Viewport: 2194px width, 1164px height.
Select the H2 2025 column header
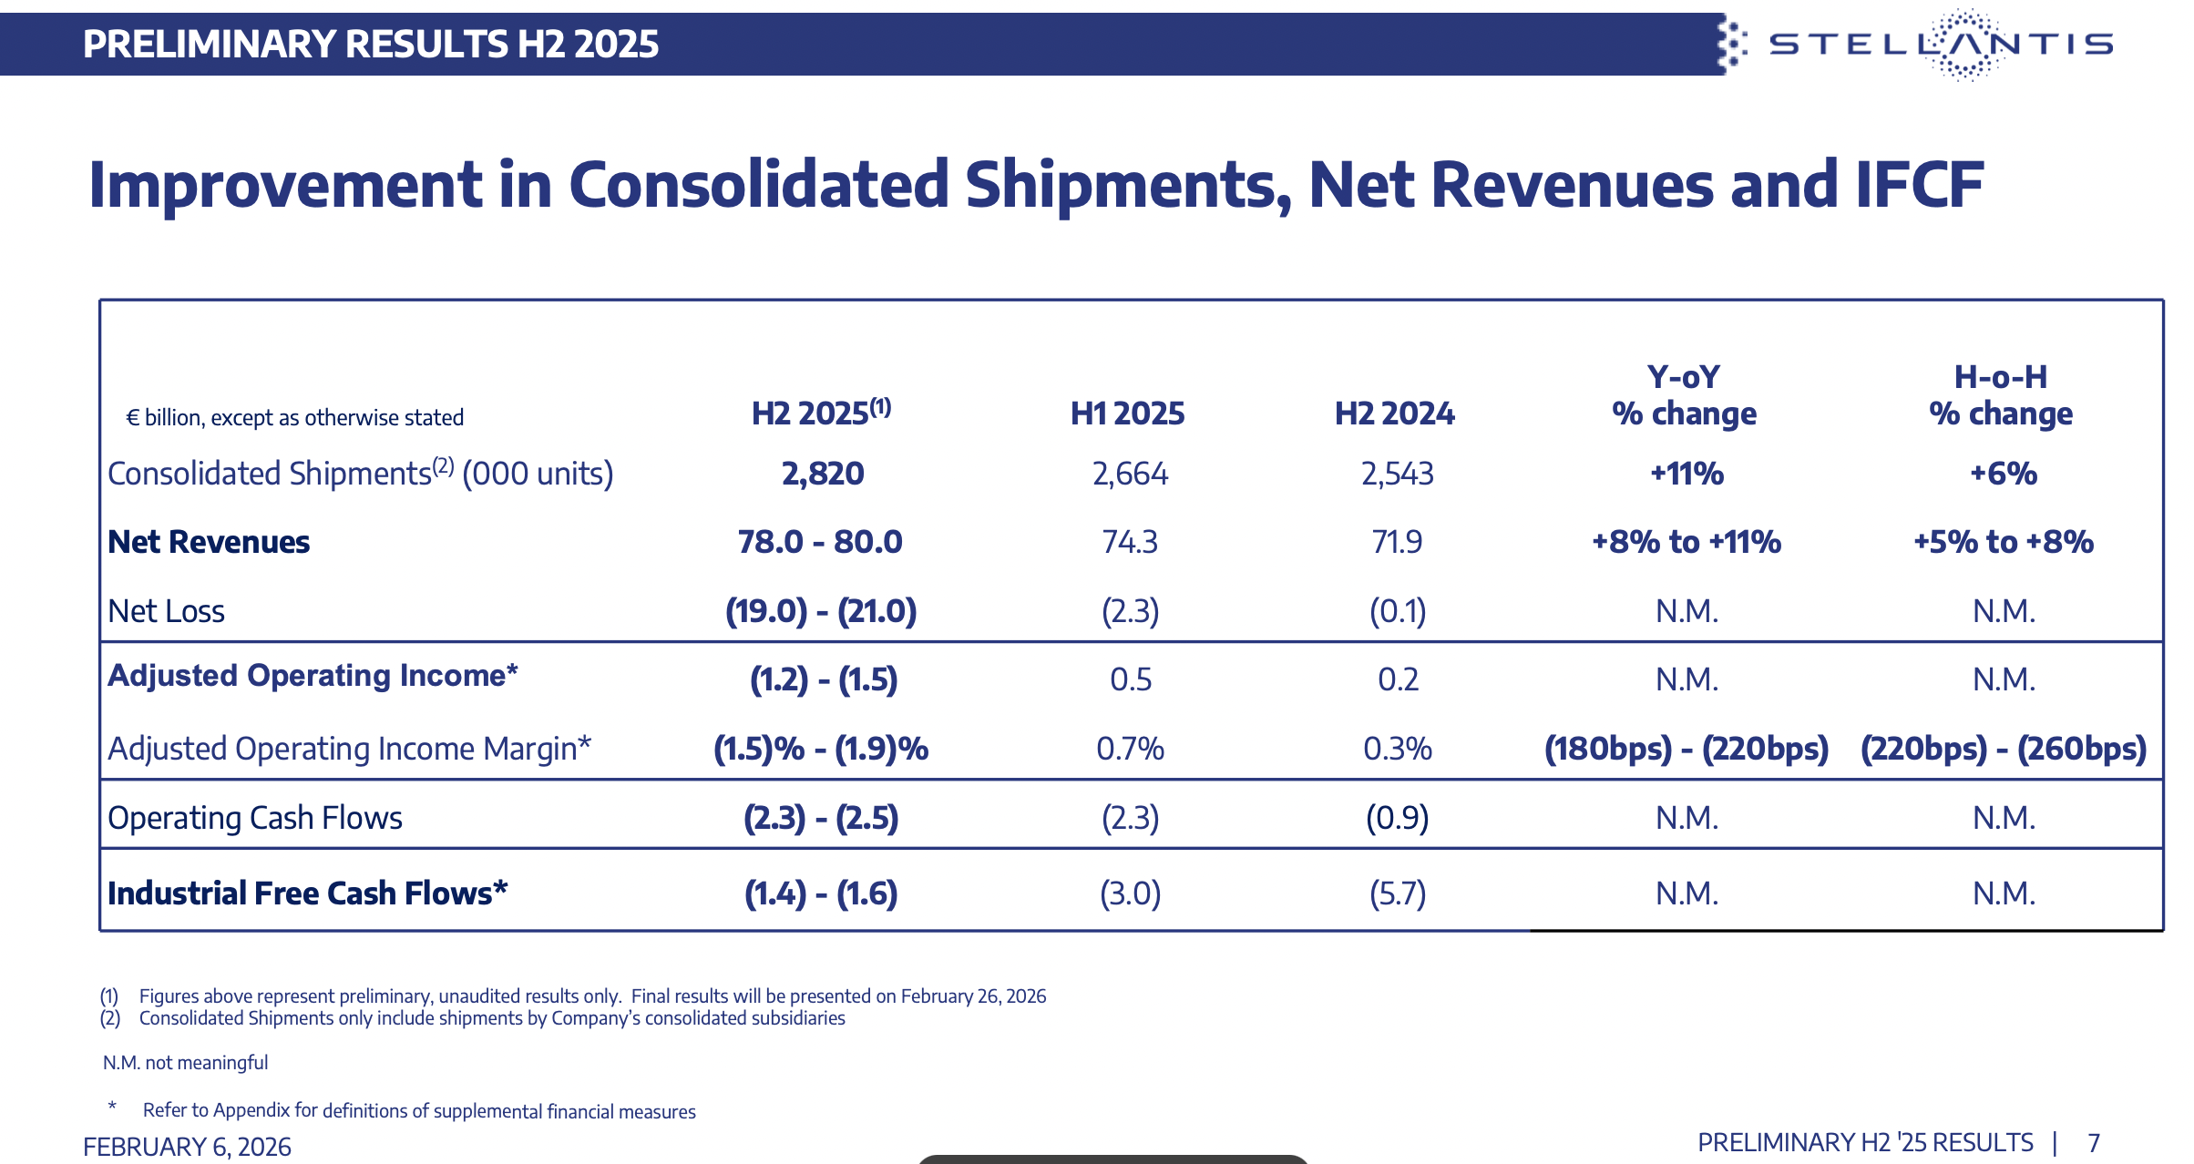pyautogui.click(x=820, y=414)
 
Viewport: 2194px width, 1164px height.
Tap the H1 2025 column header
pyautogui.click(x=1127, y=414)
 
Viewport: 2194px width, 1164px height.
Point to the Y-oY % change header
pyautogui.click(x=1684, y=395)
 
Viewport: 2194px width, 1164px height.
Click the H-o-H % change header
pyautogui.click(x=2001, y=395)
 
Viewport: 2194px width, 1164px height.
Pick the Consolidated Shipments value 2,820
pyautogui.click(x=823, y=474)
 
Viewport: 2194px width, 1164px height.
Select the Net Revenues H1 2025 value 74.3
pyautogui.click(x=1130, y=542)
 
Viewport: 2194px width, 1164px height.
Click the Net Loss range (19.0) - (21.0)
pyautogui.click(x=821, y=610)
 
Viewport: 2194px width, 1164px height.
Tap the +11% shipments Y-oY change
pyautogui.click(x=1687, y=474)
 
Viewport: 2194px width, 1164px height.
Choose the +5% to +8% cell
pyautogui.click(x=2003, y=542)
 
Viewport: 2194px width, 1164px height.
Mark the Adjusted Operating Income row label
pyautogui.click(x=313, y=676)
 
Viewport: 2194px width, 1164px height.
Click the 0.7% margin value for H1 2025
pyautogui.click(x=1130, y=749)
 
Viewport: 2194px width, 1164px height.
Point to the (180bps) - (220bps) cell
pyautogui.click(x=1687, y=749)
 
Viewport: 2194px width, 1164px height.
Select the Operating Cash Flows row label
pyautogui.click(x=255, y=818)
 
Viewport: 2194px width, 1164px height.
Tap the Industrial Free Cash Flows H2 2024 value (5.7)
pyautogui.click(x=1398, y=893)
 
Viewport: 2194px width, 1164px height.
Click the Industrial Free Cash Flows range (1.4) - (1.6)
pyautogui.click(x=821, y=893)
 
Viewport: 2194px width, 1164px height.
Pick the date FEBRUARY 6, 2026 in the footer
pyautogui.click(x=187, y=1146)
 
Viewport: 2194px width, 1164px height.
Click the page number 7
pyautogui.click(x=2094, y=1143)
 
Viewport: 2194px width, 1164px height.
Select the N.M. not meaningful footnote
pyautogui.click(x=185, y=1063)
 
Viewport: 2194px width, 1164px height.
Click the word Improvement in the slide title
pyautogui.click(x=284, y=185)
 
